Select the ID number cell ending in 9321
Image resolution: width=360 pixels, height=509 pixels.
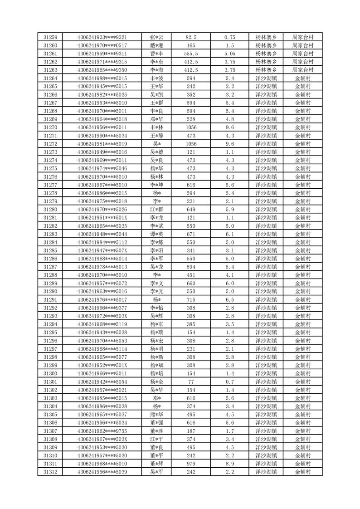coord(102,37)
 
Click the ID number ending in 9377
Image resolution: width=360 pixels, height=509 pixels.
coord(102,308)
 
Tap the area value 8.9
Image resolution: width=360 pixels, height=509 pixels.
coord(229,464)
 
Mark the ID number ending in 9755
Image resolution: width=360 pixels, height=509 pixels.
coord(102,431)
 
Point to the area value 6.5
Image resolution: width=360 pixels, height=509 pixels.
coord(229,300)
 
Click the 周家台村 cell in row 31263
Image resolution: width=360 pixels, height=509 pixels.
coord(303,70)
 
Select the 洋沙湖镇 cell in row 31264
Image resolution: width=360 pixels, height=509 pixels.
coord(266,78)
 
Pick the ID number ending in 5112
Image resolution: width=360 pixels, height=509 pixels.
coord(102,242)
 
